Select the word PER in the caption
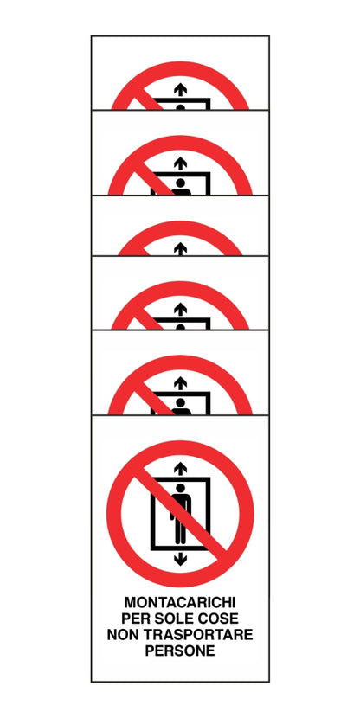click(138, 619)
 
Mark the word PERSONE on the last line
click(180, 651)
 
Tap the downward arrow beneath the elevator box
click(180, 559)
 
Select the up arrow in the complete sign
click(180, 468)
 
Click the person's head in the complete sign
click(180, 489)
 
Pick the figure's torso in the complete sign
click(180, 506)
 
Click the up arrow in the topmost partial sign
click(180, 89)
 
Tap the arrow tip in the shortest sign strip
click(180, 247)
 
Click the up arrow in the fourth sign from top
click(180, 309)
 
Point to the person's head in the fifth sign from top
click(180, 401)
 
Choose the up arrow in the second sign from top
click(180, 163)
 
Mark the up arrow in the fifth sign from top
click(180, 382)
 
